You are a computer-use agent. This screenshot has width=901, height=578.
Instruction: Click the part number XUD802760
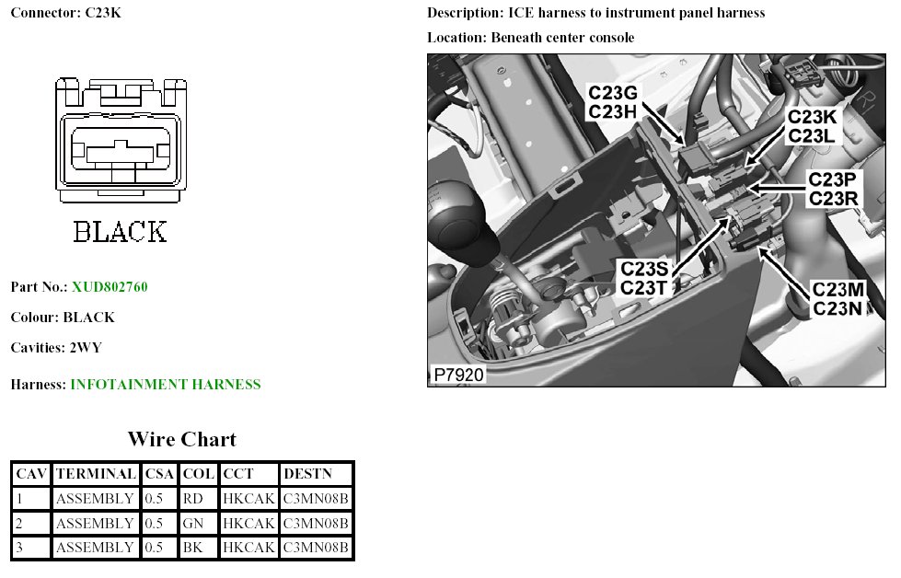[110, 287]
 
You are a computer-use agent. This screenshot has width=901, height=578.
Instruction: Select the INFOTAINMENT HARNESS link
[166, 385]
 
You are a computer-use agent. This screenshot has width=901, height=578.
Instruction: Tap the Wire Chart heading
[181, 439]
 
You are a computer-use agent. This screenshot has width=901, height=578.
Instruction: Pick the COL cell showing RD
[193, 499]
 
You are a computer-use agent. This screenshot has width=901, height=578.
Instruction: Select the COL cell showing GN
[193, 524]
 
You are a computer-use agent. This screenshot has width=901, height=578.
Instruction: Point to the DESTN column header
[304, 475]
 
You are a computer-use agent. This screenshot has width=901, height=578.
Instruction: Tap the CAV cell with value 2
[19, 524]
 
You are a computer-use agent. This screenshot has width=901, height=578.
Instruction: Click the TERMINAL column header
[96, 475]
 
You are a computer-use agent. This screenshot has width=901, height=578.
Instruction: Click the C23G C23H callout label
[612, 102]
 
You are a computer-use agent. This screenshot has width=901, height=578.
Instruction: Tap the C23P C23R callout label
[834, 188]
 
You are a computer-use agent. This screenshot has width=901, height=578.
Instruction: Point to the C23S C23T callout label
[648, 278]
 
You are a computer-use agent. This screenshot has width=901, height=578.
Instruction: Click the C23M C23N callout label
[837, 299]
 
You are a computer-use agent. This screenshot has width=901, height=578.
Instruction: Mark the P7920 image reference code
[458, 375]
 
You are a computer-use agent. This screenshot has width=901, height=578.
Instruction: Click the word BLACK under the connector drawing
[121, 232]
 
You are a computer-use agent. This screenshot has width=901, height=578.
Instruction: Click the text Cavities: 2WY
[57, 348]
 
